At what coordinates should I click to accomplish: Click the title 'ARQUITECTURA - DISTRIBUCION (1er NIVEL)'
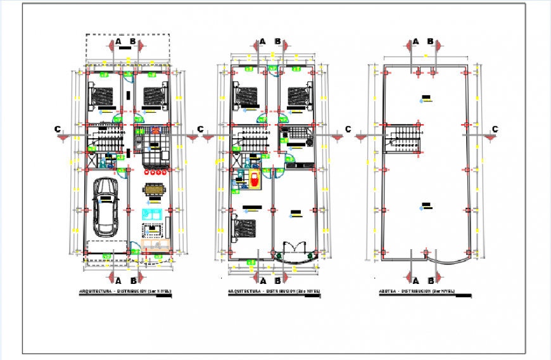coord(125,292)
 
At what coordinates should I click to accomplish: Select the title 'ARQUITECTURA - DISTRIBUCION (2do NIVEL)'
coord(274,292)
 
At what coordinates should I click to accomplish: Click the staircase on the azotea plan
coord(405,138)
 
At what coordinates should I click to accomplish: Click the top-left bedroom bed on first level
coord(101,95)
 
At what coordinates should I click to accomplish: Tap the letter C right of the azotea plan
coord(495,129)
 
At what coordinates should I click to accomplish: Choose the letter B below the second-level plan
coord(277,280)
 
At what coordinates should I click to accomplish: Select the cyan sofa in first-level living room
coord(153,213)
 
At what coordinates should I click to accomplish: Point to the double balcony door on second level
coord(295,248)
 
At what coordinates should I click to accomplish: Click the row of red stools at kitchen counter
coord(156,170)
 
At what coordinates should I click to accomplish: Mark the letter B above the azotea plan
coord(430,42)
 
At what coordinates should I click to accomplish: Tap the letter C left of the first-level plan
coord(58,129)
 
